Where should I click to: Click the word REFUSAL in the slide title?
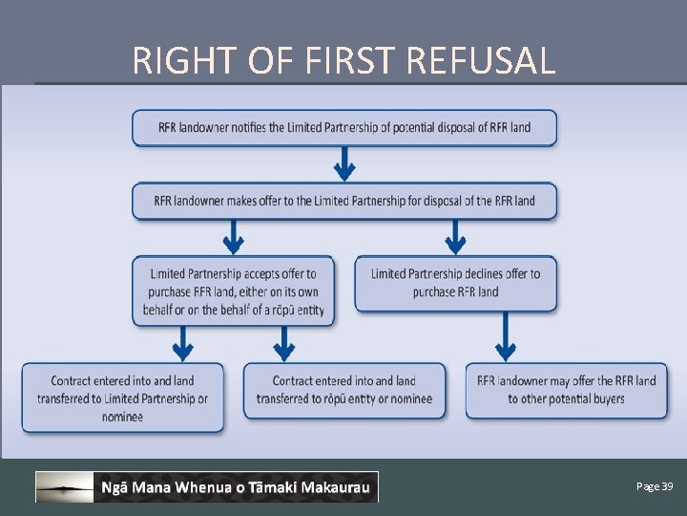tap(480, 60)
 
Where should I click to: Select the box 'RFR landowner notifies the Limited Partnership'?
tap(343, 128)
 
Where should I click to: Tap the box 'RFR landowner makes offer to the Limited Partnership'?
tap(343, 201)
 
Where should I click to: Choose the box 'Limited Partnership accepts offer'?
tap(234, 290)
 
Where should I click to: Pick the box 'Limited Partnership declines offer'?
tap(455, 283)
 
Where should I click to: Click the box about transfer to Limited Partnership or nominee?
tap(123, 398)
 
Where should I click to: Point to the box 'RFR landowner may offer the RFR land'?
tap(566, 390)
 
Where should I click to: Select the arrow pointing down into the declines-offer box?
tap(455, 237)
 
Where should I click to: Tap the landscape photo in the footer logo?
tap(64, 487)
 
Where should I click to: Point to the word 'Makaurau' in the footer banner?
tap(336, 488)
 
